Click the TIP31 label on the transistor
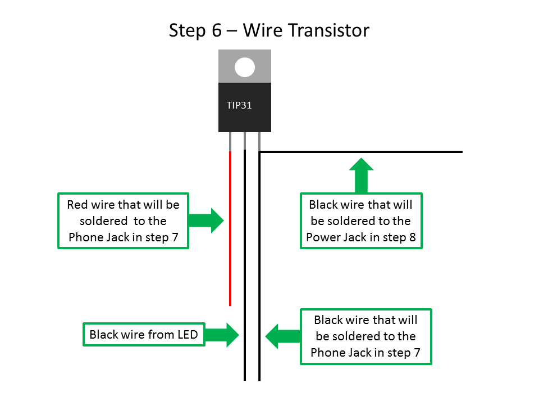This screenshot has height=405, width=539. pos(239,105)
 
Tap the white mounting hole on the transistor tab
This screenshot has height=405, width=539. pos(245,67)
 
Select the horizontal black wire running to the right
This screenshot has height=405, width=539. pos(359,152)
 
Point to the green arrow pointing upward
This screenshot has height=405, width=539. pos(361,175)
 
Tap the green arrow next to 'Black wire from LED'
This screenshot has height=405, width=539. pos(222,335)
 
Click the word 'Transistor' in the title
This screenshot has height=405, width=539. pos(328,30)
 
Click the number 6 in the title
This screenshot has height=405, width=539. pos(217,30)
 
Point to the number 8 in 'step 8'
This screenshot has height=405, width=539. pos(413,237)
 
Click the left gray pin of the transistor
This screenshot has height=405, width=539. pos(230,141)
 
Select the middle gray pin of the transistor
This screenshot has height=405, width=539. pos(245,141)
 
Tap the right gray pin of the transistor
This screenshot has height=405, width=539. pos(259,141)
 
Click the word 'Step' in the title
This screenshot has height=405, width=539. pos(188,30)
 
